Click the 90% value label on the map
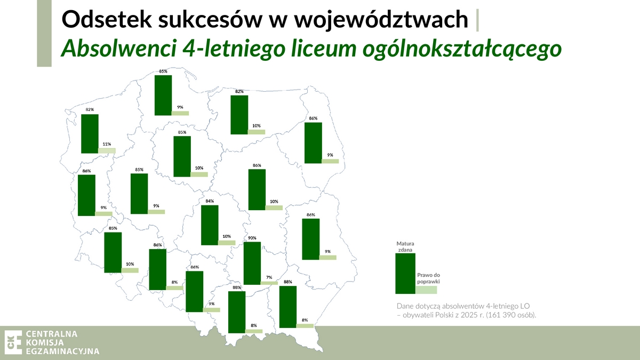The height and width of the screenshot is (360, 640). pos(252,238)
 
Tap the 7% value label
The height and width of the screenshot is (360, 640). pos(269,277)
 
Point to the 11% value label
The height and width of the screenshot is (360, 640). pos(107,144)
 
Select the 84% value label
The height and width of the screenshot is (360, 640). pos(210,201)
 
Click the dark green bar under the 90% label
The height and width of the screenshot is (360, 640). pos(252,263)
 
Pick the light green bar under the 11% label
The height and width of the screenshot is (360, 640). pos(107,150)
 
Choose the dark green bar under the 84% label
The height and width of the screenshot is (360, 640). pos(210,225)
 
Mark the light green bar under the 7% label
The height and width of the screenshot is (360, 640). pos(269,283)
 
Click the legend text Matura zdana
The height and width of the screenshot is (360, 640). pos(405,246)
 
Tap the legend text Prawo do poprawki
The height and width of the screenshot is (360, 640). pos(428,278)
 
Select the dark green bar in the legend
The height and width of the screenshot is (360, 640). pos(405,274)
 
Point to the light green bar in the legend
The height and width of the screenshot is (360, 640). pos(426,290)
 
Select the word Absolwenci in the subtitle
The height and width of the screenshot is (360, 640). pos(118,48)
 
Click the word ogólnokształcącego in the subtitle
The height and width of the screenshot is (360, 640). pos(462,49)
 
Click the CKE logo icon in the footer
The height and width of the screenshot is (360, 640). pos(13,342)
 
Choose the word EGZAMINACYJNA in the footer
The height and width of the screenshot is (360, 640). pos(62,351)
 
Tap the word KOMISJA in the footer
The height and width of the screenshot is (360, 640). pos(45,342)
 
